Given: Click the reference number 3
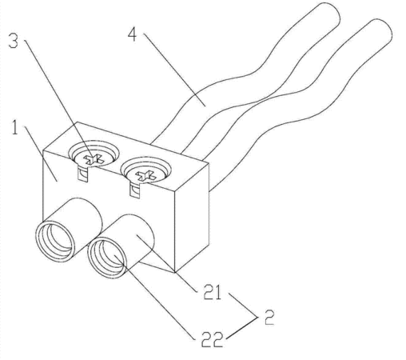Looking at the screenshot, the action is [14, 41].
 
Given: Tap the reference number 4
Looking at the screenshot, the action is [133, 34].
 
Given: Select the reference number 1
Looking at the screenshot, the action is [15, 127].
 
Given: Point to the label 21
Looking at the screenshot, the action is [213, 292].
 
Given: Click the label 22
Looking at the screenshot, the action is [212, 339].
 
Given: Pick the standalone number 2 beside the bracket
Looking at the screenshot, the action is [269, 317].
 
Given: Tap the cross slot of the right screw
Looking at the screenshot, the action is [145, 175].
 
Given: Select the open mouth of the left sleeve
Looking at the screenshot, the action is [55, 242].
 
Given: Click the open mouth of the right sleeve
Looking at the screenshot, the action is [107, 258].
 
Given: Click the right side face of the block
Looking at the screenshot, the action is [191, 218].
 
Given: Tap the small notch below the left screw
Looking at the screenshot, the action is [82, 174].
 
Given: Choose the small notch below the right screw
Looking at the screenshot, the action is [135, 190].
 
